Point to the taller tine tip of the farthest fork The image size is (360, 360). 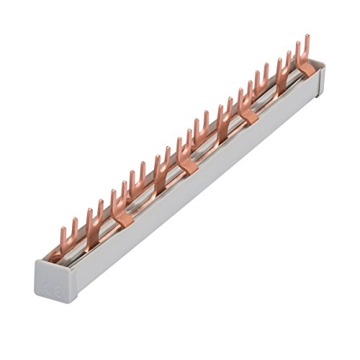(x=307, y=35)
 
